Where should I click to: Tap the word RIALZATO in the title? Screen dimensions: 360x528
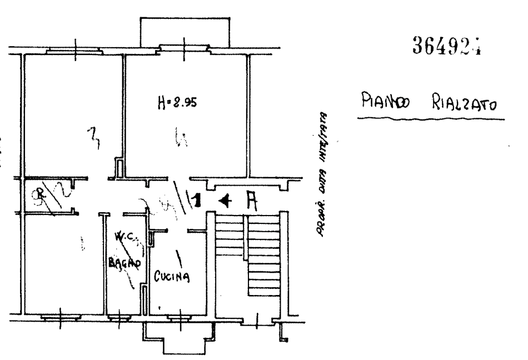coord(464,104)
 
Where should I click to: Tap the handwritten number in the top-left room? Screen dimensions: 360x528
coord(95,137)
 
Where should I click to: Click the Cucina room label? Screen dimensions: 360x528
coord(173,276)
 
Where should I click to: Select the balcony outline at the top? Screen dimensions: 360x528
coord(183,31)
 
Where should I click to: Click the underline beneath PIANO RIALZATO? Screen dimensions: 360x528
coord(430,118)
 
